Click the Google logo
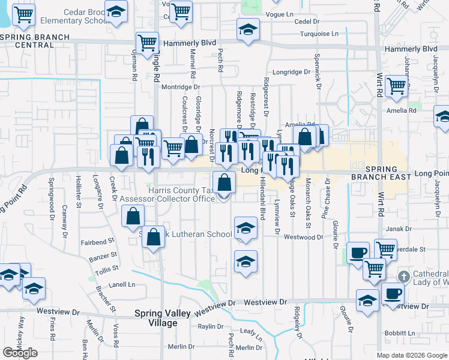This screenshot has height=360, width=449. (20, 353)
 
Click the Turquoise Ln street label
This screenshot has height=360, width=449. (320, 34)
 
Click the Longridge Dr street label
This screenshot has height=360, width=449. (291, 72)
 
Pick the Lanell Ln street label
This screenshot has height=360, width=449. (122, 284)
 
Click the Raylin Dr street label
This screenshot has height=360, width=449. (211, 327)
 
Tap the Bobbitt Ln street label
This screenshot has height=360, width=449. (397, 332)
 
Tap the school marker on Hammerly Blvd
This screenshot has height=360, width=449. (247, 29)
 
